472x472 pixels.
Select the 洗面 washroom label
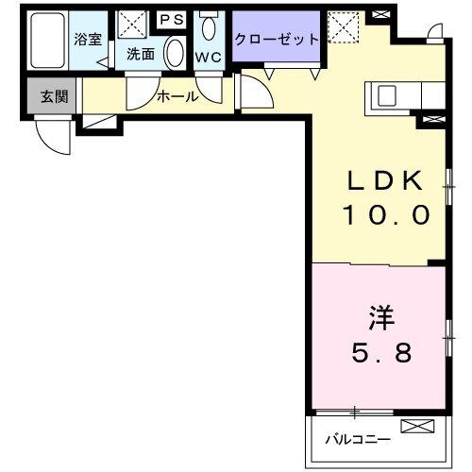(x=141, y=54)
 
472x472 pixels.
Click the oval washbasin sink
(x=174, y=53)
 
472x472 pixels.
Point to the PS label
(x=172, y=19)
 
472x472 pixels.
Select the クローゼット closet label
(x=276, y=40)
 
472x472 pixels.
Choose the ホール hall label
(x=177, y=96)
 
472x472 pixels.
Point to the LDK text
(x=386, y=181)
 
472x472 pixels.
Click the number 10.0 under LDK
(x=386, y=215)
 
